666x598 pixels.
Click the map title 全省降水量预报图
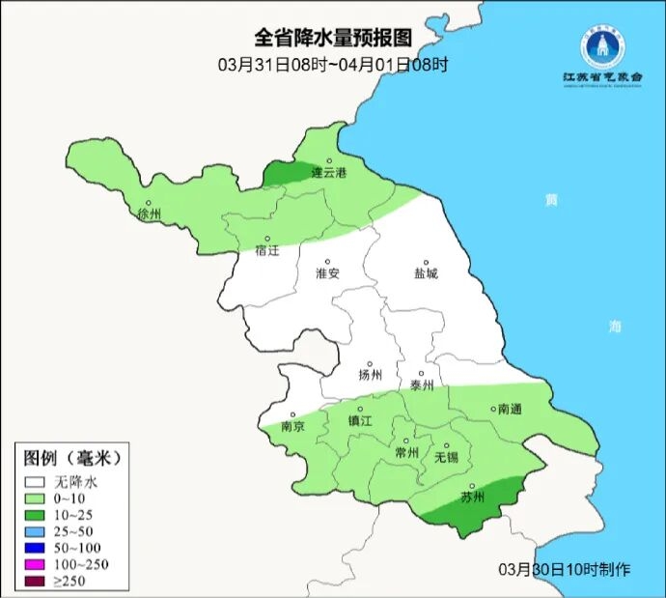pyautogui.click(x=332, y=39)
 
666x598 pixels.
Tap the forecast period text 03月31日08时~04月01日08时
pyautogui.click(x=332, y=65)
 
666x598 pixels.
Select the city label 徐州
pyautogui.click(x=151, y=214)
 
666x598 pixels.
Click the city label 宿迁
pyautogui.click(x=266, y=251)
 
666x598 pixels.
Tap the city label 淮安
pyautogui.click(x=328, y=273)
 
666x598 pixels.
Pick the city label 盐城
pyautogui.click(x=425, y=273)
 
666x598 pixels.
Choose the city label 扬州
pyautogui.click(x=370, y=376)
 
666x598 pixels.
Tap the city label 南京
pyautogui.click(x=292, y=426)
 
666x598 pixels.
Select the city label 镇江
pyautogui.click(x=360, y=421)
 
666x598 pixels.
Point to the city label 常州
pyautogui.click(x=407, y=452)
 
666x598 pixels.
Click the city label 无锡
pyautogui.click(x=446, y=456)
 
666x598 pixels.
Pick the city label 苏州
pyautogui.click(x=472, y=498)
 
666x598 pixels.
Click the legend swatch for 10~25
pyautogui.click(x=36, y=514)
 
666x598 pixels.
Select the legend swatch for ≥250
pyautogui.click(x=36, y=581)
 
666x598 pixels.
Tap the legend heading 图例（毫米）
pyautogui.click(x=73, y=457)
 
